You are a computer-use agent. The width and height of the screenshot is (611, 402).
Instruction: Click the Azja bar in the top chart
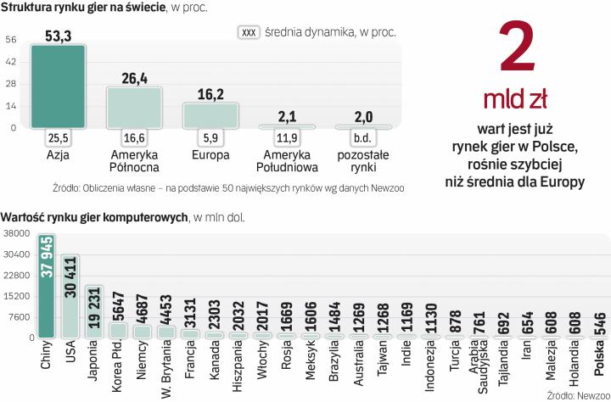click(x=58, y=87)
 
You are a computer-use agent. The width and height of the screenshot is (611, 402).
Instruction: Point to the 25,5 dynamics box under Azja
click(x=58, y=137)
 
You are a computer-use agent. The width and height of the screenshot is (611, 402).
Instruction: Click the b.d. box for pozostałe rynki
click(x=366, y=137)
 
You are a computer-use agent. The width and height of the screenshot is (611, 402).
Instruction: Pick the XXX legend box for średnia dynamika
click(x=249, y=33)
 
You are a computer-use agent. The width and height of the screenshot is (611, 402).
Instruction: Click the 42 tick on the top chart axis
click(x=11, y=61)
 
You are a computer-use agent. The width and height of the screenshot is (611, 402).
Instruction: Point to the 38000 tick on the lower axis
click(x=16, y=233)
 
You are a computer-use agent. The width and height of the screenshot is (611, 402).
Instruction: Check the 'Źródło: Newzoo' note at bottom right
click(x=575, y=394)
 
